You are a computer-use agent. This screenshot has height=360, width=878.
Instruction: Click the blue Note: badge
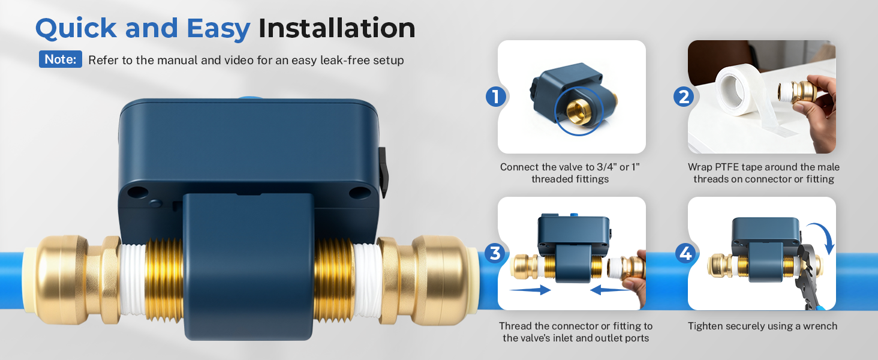61,59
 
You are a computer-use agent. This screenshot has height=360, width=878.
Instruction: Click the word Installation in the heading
336,28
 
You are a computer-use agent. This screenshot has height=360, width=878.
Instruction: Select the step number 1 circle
495,96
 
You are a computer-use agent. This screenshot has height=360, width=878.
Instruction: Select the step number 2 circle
684,96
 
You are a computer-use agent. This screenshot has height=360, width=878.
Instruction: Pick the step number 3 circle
495,253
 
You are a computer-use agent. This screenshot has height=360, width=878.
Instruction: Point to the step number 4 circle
684,253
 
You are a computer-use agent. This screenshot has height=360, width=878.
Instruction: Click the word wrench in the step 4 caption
817,326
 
